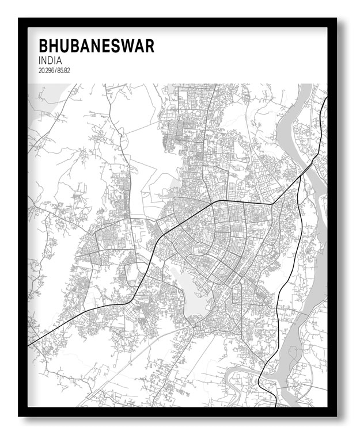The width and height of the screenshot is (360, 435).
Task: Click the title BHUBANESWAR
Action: [96, 46]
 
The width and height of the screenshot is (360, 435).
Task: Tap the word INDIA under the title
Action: [51, 60]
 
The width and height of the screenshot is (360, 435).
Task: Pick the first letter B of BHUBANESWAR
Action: [43, 46]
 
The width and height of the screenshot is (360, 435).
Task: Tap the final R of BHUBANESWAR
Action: [150, 46]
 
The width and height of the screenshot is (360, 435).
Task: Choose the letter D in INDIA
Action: [53, 60]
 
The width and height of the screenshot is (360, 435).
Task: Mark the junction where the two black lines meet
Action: [272, 204]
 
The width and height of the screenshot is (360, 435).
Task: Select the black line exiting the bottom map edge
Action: [260, 405]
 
